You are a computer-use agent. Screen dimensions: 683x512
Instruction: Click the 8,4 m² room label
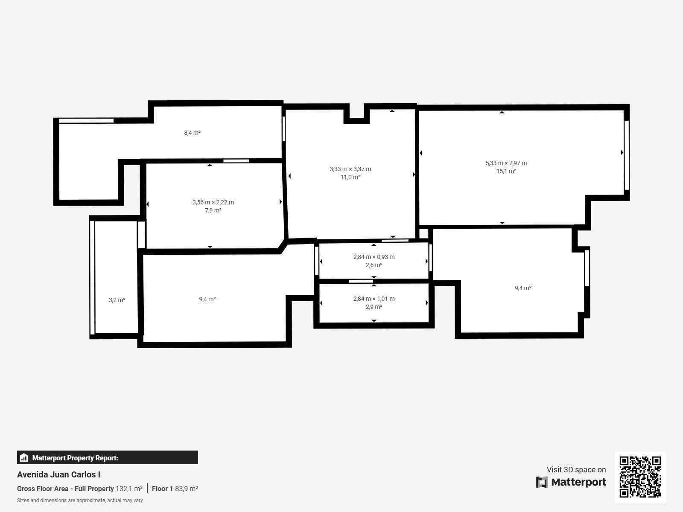click(192, 133)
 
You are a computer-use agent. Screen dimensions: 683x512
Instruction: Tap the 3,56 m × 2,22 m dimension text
click(213, 202)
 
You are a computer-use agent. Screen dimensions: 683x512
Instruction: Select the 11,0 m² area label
click(350, 177)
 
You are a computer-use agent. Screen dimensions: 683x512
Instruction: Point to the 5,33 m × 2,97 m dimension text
click(506, 163)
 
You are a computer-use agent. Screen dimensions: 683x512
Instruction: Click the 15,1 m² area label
click(506, 171)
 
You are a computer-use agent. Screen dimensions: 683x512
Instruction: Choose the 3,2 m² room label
click(117, 300)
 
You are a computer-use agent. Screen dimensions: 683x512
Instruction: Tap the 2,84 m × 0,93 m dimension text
click(374, 257)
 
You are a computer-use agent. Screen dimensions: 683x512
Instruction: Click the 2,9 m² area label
click(374, 307)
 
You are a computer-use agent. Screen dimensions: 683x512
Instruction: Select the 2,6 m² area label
click(374, 265)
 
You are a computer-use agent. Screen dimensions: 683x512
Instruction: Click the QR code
click(640, 477)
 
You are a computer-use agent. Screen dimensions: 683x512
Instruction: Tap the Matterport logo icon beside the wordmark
click(542, 482)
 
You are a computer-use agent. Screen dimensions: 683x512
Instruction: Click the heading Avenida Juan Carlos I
click(58, 475)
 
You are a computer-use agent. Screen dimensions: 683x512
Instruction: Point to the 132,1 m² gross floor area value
click(129, 489)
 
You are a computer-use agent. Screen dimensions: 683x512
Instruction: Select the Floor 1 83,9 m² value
click(175, 489)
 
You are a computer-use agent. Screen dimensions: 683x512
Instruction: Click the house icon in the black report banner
click(24, 457)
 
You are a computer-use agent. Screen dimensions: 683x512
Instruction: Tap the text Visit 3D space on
click(576, 470)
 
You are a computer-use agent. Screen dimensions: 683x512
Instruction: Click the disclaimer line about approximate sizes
click(80, 500)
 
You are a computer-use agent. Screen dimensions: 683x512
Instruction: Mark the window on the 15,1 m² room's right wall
click(627, 155)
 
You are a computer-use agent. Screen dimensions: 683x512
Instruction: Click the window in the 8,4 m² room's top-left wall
click(86, 121)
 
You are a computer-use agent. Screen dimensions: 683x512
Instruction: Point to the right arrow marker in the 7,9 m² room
click(280, 202)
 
